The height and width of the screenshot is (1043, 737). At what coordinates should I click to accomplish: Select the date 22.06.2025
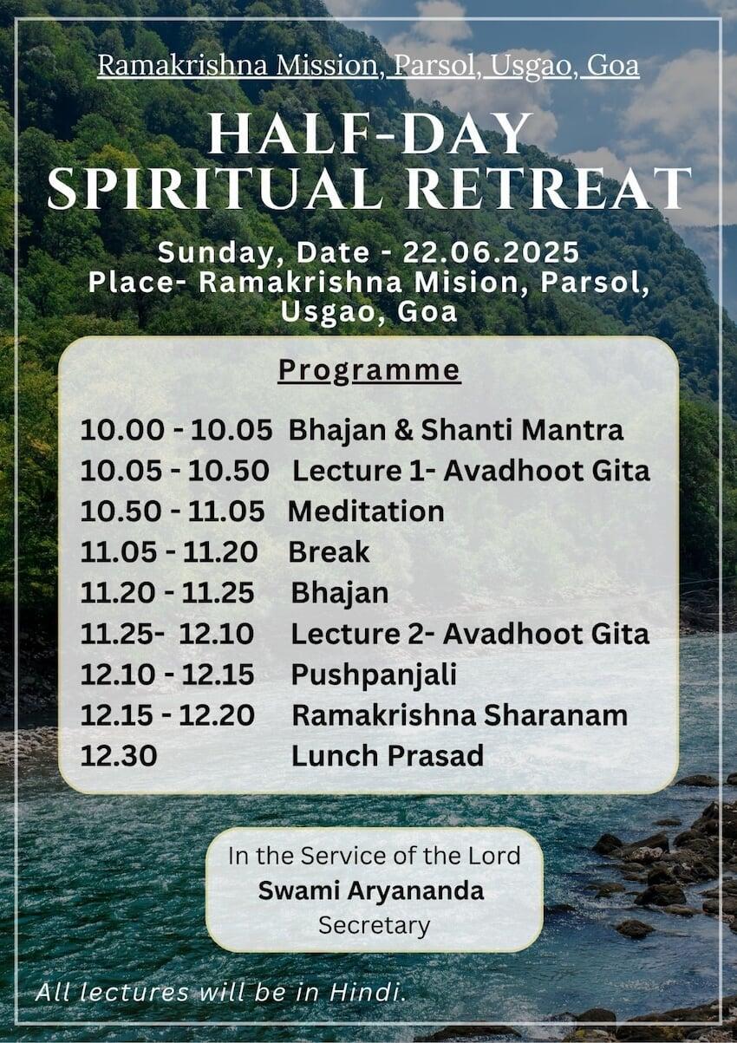[x=491, y=253]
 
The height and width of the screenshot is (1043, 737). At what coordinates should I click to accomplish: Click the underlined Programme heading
[x=369, y=372]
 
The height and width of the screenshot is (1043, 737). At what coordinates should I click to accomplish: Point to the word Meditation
[x=366, y=512]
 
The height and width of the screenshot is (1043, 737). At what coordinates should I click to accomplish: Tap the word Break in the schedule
[x=329, y=552]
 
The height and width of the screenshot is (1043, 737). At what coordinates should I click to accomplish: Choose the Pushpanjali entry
[x=374, y=675]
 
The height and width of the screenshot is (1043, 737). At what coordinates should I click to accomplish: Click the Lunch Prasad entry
[x=388, y=756]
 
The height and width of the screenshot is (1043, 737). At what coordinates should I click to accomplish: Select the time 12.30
[x=119, y=756]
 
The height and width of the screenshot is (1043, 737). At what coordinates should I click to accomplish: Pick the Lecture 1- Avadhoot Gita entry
[x=471, y=470]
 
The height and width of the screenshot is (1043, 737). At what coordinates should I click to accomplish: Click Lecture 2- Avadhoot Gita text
[x=470, y=634]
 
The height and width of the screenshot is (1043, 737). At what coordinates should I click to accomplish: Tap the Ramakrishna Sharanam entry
[x=460, y=715]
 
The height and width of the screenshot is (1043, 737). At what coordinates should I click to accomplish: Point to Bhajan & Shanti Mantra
[x=456, y=430]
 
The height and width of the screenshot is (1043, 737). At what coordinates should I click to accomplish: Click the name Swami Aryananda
[x=371, y=891]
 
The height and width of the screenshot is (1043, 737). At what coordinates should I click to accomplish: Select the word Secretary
[x=374, y=926]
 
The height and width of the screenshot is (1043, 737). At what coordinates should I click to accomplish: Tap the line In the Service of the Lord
[x=374, y=856]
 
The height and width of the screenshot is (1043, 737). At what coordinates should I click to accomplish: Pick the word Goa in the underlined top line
[x=612, y=65]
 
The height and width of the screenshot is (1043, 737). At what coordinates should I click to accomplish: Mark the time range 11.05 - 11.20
[x=168, y=552]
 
